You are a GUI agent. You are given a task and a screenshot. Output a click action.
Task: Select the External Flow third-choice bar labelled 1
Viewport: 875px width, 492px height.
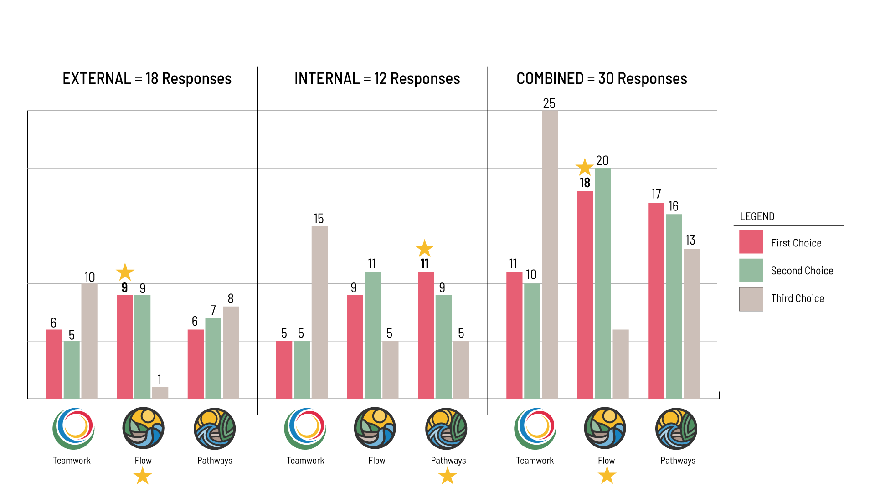(160, 393)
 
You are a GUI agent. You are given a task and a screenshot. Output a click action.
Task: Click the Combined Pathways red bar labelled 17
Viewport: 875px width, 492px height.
(656, 301)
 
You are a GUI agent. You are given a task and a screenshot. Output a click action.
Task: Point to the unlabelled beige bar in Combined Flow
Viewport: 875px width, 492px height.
(620, 364)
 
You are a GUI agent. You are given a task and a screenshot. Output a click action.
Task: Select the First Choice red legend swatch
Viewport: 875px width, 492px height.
(751, 241)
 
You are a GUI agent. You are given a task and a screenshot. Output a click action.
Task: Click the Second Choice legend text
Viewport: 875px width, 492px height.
(802, 271)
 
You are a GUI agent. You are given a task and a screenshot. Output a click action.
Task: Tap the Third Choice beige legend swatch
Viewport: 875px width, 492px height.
(751, 299)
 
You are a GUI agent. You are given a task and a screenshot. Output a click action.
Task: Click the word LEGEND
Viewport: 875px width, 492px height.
(757, 216)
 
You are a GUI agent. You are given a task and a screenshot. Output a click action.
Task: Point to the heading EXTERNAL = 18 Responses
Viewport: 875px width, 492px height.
(147, 79)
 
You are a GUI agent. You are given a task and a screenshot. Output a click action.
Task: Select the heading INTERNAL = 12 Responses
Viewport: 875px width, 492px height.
(377, 79)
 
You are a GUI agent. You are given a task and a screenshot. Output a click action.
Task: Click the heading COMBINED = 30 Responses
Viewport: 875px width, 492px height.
(601, 79)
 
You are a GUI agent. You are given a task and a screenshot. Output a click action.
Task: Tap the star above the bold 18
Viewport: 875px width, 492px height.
(584, 167)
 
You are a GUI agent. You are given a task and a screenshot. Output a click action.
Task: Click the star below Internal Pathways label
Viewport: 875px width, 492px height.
(447, 476)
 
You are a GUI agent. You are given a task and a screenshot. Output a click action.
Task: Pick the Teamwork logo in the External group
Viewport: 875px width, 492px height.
(73, 429)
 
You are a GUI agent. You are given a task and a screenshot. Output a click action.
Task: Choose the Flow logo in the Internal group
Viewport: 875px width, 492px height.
(375, 428)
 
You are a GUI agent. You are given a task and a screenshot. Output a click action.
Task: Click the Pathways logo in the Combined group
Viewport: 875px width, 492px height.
(676, 429)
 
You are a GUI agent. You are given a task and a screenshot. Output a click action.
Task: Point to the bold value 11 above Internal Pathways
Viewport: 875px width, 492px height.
(425, 264)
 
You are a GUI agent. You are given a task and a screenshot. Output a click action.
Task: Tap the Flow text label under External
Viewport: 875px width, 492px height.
(143, 461)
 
